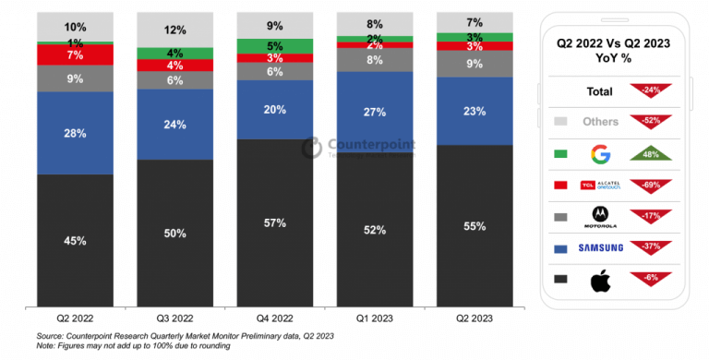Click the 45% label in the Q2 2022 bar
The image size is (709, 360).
pos(75,241)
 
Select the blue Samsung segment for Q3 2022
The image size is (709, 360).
pos(174,125)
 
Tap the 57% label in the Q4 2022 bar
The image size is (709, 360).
pos(274,222)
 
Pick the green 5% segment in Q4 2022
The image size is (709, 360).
pos(274,45)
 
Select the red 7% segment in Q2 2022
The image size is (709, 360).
pos(75,55)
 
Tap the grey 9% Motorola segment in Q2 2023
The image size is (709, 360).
pos(474,64)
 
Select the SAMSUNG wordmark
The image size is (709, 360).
pos(601,247)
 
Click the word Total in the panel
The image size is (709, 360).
pos(600,91)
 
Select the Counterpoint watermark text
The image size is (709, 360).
pos(369,145)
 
